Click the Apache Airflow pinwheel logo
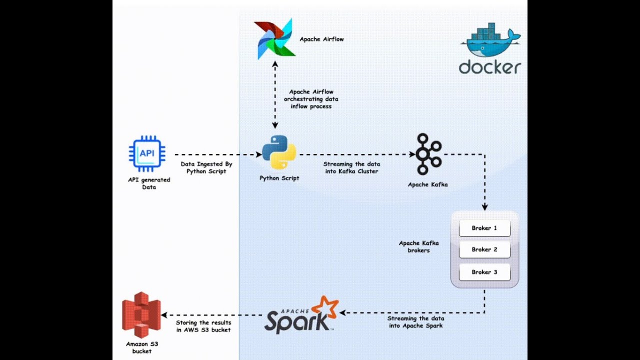(274, 39)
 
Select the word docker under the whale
(490, 67)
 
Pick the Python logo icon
(279, 152)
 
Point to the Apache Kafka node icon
(428, 154)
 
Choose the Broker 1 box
(484, 228)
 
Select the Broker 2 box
(484, 249)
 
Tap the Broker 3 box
(484, 272)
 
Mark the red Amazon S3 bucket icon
(141, 314)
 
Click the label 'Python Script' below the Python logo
(279, 178)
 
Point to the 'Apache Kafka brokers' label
(418, 246)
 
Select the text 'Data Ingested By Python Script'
(206, 167)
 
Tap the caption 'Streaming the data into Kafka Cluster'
(351, 167)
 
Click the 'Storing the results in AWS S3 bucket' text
(203, 326)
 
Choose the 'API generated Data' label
(149, 183)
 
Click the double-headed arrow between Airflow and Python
(274, 95)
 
